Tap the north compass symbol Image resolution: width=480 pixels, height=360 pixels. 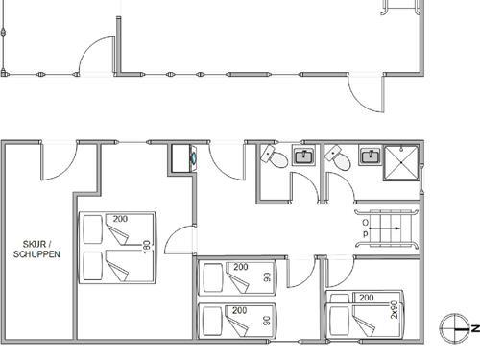(x=451, y=328)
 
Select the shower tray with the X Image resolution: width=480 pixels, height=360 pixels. (x=401, y=163)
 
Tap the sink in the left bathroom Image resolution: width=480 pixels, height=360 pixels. (x=304, y=156)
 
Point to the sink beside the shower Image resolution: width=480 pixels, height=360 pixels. (x=369, y=156)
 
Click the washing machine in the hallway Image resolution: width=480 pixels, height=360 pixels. (x=182, y=156)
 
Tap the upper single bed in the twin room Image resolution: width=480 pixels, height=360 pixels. (x=236, y=278)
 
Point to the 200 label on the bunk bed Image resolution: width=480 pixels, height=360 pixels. (x=365, y=299)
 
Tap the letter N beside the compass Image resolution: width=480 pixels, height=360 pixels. (x=473, y=328)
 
